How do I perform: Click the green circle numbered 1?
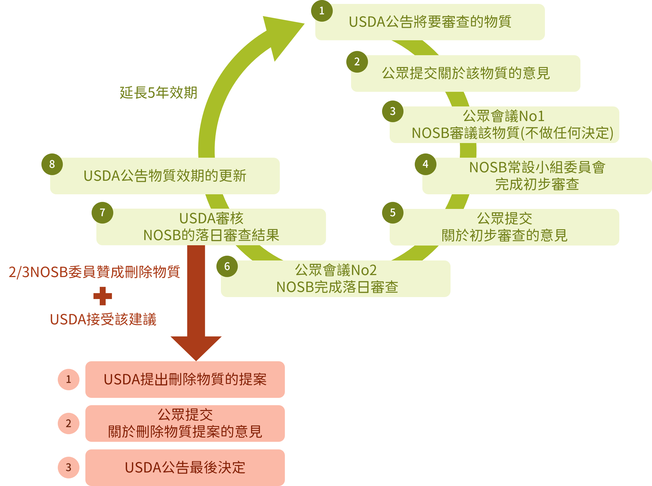point(322,11)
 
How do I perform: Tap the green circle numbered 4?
point(425,164)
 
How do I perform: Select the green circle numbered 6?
point(227,266)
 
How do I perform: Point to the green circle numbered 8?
point(52,164)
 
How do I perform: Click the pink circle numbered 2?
point(68,423)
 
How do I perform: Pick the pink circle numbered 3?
point(68,467)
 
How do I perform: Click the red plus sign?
point(103,296)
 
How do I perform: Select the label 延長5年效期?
point(158,93)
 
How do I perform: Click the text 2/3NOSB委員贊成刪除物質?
point(94,272)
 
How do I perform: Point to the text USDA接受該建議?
point(103,320)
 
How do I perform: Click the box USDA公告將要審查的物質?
point(430,22)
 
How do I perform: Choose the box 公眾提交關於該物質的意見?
point(466,73)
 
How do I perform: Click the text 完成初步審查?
point(537,184)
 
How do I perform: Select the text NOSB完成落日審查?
point(337,287)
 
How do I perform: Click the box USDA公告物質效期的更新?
point(165,176)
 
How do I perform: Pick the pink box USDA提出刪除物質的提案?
point(185,380)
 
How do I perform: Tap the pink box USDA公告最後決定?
point(185,467)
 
